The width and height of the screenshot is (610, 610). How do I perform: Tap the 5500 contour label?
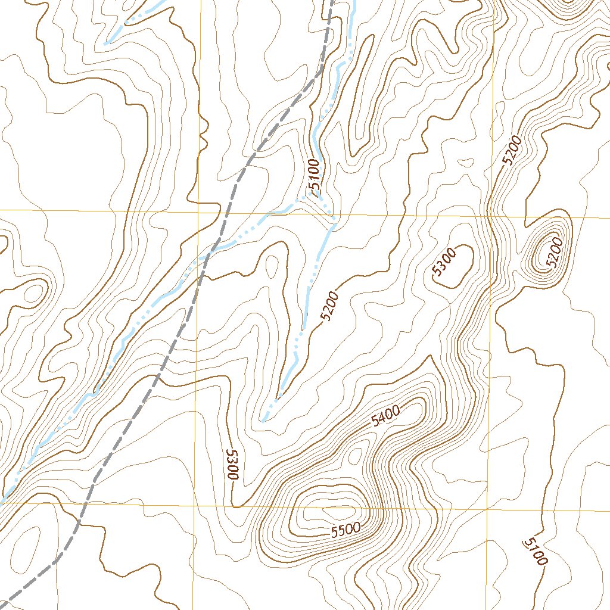[346, 529]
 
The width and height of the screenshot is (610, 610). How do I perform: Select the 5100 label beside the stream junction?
[315, 176]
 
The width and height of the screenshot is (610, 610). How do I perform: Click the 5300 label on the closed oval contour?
[444, 263]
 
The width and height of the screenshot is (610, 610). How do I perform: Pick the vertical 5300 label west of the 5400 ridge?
[232, 465]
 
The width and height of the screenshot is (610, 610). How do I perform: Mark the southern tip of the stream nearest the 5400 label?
[263, 422]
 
